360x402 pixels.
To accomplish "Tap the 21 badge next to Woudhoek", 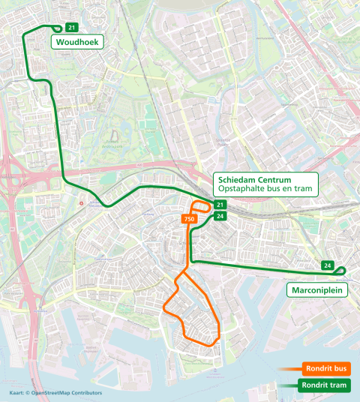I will click(70, 28).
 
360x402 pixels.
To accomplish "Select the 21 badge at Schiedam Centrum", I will click(220, 205).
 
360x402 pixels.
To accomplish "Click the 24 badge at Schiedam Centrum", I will click(220, 216).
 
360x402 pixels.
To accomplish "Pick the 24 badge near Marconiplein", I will click(327, 265).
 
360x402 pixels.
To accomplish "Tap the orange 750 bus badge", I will click(189, 218).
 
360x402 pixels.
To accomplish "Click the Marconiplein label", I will click(318, 289).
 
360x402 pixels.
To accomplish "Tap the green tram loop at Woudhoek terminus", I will click(57, 29).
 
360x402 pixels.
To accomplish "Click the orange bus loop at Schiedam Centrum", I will click(201, 206).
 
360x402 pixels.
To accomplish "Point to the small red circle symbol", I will click(82, 202).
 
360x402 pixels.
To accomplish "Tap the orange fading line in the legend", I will click(289, 369).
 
